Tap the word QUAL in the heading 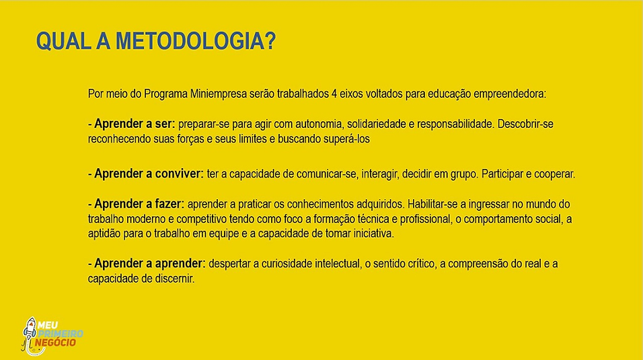tap(59, 42)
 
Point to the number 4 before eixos tap(334, 94)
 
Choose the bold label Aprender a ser tap(135, 124)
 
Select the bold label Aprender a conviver tap(148, 174)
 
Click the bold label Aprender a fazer tap(139, 203)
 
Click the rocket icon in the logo tap(30, 332)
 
